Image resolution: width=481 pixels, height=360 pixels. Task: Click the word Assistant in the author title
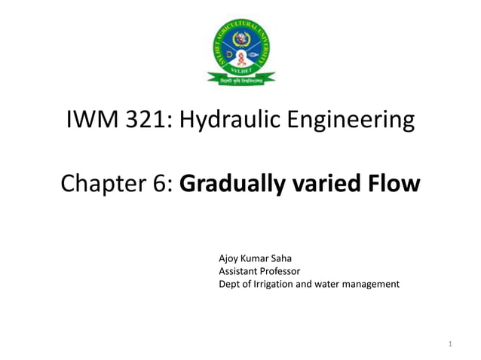(239, 271)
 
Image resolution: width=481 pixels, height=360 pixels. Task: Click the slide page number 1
(449, 345)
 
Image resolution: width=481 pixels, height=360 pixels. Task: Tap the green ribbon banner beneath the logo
(240, 77)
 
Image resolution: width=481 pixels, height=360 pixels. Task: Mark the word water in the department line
(326, 284)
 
